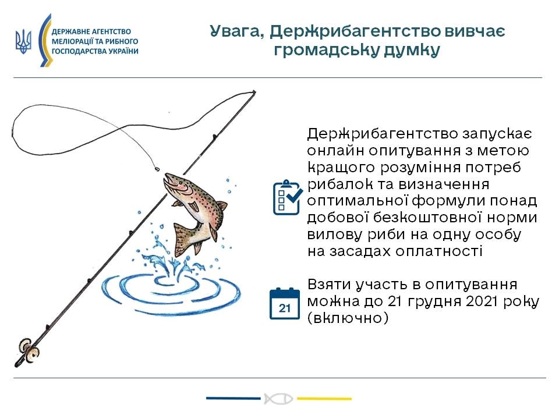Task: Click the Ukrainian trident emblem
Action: pos(23,41)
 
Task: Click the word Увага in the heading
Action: pos(237,31)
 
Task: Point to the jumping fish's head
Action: pos(174,182)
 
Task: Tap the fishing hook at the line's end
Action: pos(157,169)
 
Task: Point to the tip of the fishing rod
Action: pos(254,92)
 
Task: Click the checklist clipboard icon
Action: pos(287,197)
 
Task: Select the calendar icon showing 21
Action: pos(285,303)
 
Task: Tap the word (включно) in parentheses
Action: pos(348,318)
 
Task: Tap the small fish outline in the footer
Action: pos(279,399)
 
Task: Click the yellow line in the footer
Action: pos(324,398)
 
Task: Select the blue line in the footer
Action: pos(233,398)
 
